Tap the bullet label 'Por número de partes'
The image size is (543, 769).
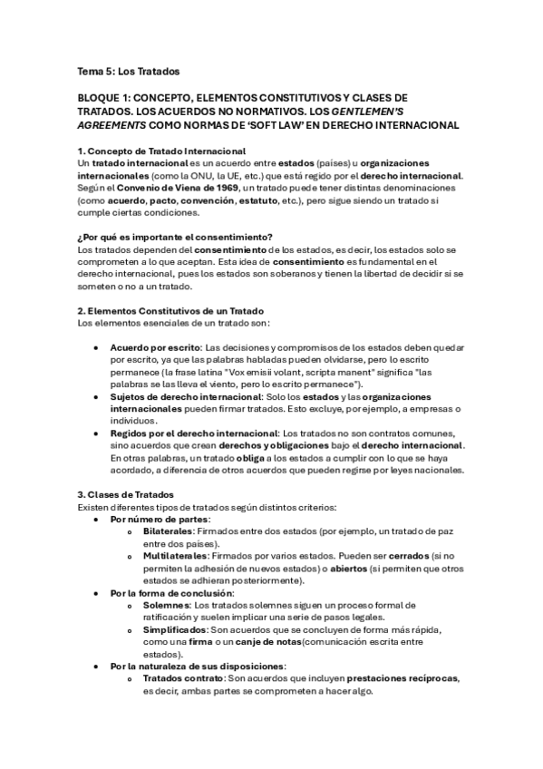(x=160, y=519)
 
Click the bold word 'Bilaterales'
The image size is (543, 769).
(x=168, y=531)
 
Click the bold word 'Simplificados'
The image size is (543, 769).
(x=174, y=629)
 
